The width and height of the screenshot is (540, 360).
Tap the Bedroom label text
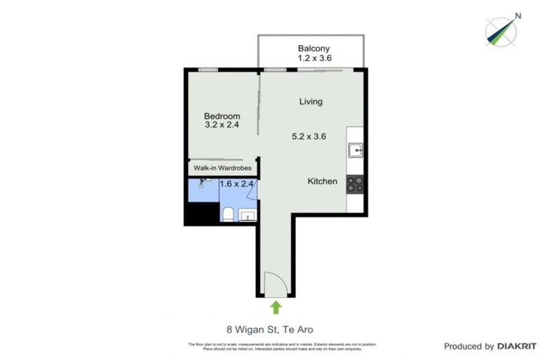[x=222, y=116]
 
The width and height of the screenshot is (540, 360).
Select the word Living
[x=311, y=101]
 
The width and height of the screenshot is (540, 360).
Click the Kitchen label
[x=323, y=181]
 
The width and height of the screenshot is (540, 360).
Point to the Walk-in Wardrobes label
[x=223, y=168]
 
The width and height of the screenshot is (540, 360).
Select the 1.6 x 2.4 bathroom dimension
[x=237, y=184]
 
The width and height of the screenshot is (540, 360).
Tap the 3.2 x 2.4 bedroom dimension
[x=222, y=126]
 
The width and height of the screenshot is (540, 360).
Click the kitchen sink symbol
[x=355, y=150]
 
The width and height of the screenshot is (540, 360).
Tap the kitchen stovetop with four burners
[x=355, y=184]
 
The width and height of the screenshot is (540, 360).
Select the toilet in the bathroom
[x=227, y=214]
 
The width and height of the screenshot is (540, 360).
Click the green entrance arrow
[x=276, y=307]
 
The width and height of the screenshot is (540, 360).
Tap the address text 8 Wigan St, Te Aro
[x=269, y=328]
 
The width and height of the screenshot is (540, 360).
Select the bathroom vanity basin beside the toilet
[x=248, y=214]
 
